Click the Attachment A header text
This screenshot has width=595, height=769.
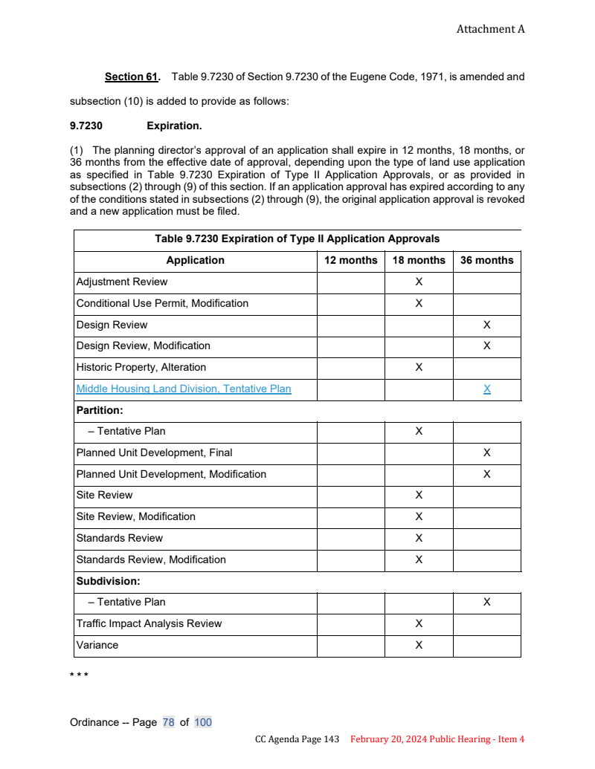click(490, 29)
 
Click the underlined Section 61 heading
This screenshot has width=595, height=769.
click(132, 77)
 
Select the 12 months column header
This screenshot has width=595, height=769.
click(350, 260)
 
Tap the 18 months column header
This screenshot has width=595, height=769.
click(419, 260)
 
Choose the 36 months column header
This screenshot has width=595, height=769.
click(486, 260)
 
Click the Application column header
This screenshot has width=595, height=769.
click(195, 260)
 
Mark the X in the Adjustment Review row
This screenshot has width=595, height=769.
click(419, 282)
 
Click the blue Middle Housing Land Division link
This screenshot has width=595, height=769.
click(184, 389)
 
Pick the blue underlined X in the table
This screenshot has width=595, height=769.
click(486, 389)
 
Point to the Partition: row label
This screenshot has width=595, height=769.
click(100, 410)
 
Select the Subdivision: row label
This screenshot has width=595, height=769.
click(108, 581)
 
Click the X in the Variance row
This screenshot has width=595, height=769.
click(419, 645)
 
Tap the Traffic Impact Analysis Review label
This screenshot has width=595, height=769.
click(149, 623)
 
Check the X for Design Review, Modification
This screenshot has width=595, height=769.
click(486, 345)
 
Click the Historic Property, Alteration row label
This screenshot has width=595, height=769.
click(141, 367)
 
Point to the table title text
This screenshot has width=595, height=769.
click(297, 239)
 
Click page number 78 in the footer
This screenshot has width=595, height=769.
click(168, 722)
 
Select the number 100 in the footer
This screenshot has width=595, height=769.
click(203, 722)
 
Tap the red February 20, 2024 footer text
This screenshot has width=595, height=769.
click(437, 739)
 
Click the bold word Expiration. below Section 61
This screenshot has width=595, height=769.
click(174, 126)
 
